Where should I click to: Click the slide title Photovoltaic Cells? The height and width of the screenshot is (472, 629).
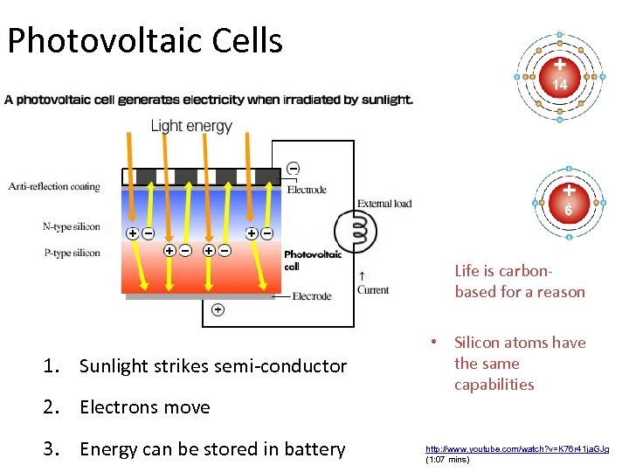pyautogui.click(x=145, y=40)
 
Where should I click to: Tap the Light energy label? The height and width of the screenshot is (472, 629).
pyautogui.click(x=191, y=126)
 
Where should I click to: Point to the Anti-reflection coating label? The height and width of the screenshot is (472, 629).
pyautogui.click(x=54, y=186)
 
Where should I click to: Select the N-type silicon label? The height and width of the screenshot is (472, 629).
pyautogui.click(x=72, y=227)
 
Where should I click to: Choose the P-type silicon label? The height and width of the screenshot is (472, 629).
pyautogui.click(x=72, y=253)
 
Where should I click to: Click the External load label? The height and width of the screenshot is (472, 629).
pyautogui.click(x=384, y=204)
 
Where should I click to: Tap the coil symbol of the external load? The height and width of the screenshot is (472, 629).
pyautogui.click(x=357, y=232)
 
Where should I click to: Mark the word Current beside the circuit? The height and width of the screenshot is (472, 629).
pyautogui.click(x=373, y=290)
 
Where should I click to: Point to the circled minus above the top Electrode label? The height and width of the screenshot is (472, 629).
pyautogui.click(x=293, y=168)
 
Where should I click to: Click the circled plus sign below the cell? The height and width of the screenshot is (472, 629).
pyautogui.click(x=218, y=309)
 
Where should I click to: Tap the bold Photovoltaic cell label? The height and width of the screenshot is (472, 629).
pyautogui.click(x=307, y=260)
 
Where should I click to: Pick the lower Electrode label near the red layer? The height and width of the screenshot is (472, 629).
pyautogui.click(x=312, y=296)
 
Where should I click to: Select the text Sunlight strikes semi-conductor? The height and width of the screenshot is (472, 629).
pyautogui.click(x=213, y=366)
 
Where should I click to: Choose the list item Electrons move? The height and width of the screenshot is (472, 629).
pyautogui.click(x=145, y=407)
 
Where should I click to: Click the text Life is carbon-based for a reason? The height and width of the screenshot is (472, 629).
pyautogui.click(x=520, y=281)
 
